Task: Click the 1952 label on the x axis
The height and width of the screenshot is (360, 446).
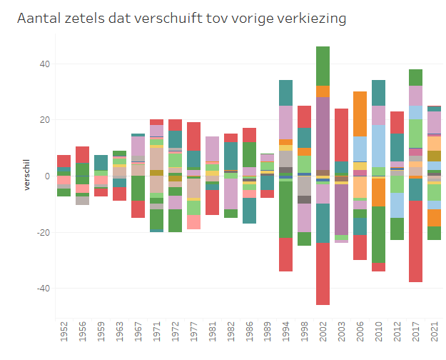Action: point(64,334)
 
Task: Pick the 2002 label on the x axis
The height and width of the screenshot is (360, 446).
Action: point(323,334)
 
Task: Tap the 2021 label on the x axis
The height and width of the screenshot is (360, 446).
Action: point(435,334)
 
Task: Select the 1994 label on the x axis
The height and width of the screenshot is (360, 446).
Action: point(286,334)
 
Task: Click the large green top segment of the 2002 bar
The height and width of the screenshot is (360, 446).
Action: point(323,66)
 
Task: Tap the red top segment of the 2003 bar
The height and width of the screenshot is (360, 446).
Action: point(342,134)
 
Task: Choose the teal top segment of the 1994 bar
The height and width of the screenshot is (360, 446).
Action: point(286,93)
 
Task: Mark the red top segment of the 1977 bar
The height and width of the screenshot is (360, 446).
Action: point(193,136)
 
